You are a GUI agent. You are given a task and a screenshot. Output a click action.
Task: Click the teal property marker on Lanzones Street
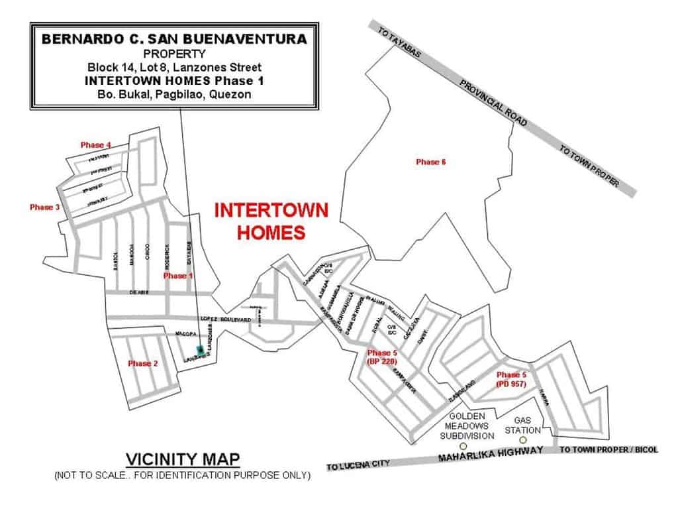[x=199, y=350]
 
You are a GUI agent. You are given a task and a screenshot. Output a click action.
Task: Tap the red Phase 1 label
[x=177, y=275]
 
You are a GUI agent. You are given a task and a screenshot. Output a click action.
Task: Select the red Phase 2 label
[x=143, y=363]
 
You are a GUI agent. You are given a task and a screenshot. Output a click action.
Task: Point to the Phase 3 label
[x=45, y=207]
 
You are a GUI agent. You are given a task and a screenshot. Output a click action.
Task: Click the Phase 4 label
[x=95, y=144]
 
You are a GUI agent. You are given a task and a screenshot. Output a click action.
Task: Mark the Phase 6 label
[x=430, y=162]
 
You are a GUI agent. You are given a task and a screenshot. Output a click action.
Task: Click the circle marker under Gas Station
[x=522, y=439]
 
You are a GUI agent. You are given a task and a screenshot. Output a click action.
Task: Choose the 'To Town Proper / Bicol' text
[x=609, y=449]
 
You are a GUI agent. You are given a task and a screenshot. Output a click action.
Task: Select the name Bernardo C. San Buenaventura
[x=174, y=39]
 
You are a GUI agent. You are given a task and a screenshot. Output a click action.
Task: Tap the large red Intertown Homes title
[x=272, y=221]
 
